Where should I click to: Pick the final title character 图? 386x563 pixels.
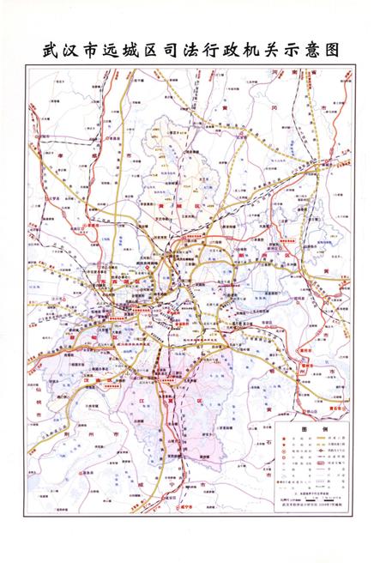(347, 50)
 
